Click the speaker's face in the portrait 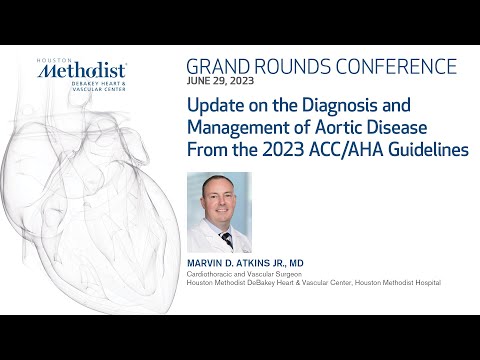click(x=220, y=199)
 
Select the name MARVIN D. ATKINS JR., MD click(x=253, y=263)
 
